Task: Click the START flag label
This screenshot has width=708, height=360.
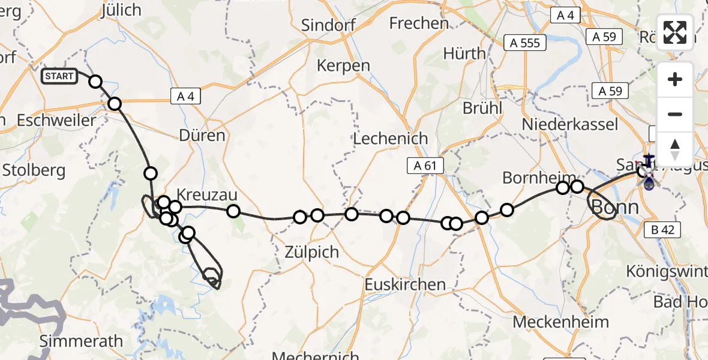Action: [59, 76]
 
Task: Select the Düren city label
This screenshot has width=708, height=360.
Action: [202, 135]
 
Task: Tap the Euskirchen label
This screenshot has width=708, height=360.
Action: [405, 284]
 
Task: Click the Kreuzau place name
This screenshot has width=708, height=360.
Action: [207, 195]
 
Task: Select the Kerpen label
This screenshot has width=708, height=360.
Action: [343, 65]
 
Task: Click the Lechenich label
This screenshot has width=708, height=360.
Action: [391, 139]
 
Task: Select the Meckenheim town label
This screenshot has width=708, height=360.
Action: [561, 322]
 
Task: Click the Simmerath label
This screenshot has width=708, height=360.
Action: [81, 341]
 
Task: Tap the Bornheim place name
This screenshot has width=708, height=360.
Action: [530, 178]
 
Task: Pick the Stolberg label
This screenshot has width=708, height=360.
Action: [34, 170]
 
